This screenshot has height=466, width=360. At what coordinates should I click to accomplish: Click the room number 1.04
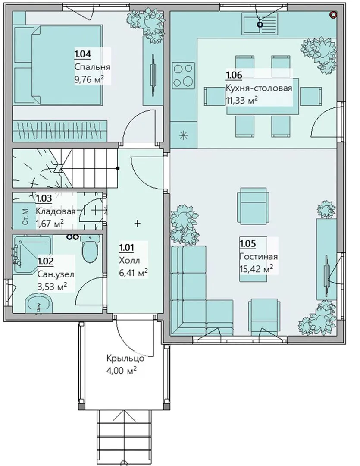83,54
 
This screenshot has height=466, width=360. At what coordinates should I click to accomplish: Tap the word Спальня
92,67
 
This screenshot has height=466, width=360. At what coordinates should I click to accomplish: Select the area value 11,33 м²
241,100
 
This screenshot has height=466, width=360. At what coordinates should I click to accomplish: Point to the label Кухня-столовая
259,88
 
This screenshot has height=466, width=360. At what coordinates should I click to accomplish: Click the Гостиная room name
258,256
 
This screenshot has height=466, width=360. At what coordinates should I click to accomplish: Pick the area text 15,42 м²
257,269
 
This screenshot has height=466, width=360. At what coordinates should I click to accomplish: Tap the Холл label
129,260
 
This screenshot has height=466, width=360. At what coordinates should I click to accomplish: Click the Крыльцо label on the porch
125,358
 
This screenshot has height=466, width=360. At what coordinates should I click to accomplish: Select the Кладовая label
56,211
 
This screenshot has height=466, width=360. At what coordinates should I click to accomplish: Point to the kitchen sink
260,23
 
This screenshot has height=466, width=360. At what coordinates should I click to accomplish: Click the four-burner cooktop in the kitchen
184,76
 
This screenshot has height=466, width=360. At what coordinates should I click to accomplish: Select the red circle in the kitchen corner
334,14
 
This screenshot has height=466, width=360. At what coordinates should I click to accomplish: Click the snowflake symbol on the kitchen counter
184,135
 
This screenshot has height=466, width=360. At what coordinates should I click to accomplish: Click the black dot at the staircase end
118,169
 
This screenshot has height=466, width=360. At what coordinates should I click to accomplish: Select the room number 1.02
45,261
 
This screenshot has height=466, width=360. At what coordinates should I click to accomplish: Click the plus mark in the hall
137,223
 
